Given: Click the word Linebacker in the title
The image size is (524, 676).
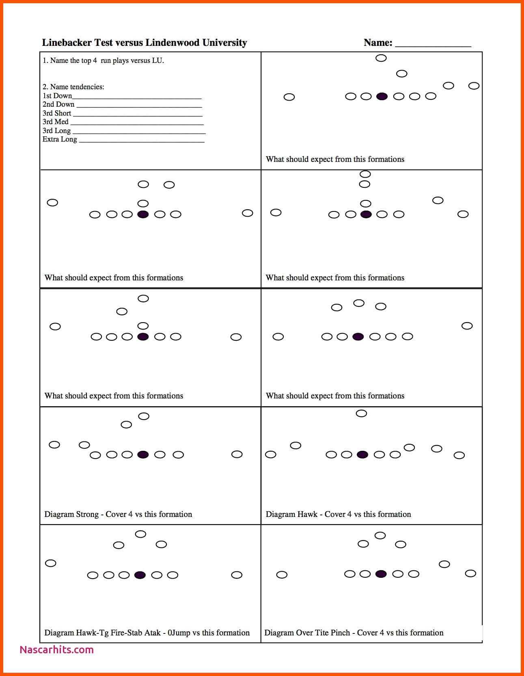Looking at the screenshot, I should [x=67, y=43].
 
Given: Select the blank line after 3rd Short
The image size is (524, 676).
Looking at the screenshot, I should [x=138, y=115].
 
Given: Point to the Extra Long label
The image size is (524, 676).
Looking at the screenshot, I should [x=60, y=139].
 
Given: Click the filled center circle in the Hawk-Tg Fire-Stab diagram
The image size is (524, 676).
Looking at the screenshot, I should [x=140, y=575].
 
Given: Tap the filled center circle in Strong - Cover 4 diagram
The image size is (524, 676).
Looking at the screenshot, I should [x=143, y=454].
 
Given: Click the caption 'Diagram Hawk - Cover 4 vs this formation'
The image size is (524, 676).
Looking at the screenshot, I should [x=338, y=514].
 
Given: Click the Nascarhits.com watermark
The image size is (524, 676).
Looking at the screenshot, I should [x=56, y=650].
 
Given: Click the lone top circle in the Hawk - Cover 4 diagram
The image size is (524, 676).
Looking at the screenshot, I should [x=361, y=413].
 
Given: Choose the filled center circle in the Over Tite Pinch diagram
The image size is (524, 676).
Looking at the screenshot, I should [x=381, y=574].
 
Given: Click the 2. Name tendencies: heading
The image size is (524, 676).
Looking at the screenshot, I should [x=73, y=86].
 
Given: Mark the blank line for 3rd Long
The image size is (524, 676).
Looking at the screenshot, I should [x=139, y=133].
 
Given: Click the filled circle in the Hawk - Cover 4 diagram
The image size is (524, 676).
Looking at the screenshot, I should [x=362, y=454].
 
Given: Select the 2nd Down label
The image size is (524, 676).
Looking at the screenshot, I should [x=58, y=104].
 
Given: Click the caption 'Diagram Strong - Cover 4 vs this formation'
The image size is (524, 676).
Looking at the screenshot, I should [x=118, y=514].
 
